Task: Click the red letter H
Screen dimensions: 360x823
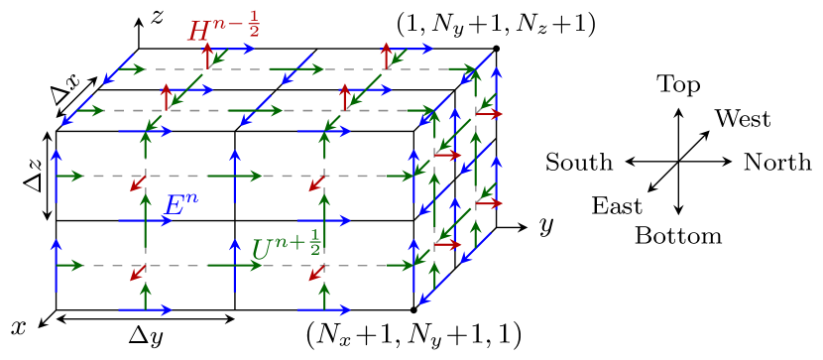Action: [x=198, y=31]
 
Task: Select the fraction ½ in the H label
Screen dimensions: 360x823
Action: [x=253, y=22]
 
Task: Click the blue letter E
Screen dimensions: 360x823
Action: [x=175, y=206]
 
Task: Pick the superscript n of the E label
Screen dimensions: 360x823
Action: [x=190, y=197]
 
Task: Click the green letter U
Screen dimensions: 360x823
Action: [x=261, y=251]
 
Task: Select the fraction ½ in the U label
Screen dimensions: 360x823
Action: [x=314, y=241]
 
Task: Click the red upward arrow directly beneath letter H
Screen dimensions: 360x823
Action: [x=206, y=57]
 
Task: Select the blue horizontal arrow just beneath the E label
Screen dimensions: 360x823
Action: [x=146, y=220]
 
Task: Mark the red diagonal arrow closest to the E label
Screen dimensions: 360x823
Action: [x=138, y=183]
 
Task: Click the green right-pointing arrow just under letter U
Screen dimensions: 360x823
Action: [x=236, y=265]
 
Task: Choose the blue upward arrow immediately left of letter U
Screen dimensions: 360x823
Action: [x=235, y=265]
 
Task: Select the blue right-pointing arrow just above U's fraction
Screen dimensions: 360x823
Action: [x=324, y=220]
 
